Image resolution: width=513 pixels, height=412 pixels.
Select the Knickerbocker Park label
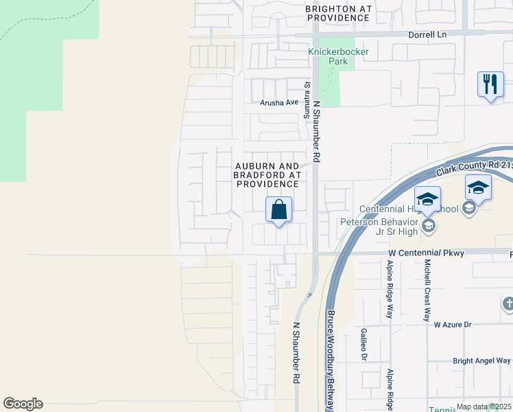click(x=338, y=56)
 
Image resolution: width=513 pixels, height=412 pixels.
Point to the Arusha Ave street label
click(x=279, y=102)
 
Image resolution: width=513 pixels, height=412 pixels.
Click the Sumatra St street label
click(x=307, y=100)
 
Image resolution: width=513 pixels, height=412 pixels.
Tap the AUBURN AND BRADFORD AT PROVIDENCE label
click(x=267, y=175)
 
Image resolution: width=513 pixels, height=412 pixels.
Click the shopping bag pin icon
click(x=279, y=209)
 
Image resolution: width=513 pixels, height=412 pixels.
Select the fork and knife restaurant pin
click(x=490, y=85)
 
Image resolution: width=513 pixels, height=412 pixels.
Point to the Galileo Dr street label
click(x=363, y=344)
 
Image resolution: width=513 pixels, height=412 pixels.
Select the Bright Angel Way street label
click(x=481, y=360)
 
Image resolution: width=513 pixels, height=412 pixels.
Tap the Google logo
click(x=23, y=404)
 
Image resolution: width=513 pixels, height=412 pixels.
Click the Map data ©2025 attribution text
click(x=484, y=407)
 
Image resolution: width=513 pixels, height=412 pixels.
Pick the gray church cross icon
click(x=508, y=304)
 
